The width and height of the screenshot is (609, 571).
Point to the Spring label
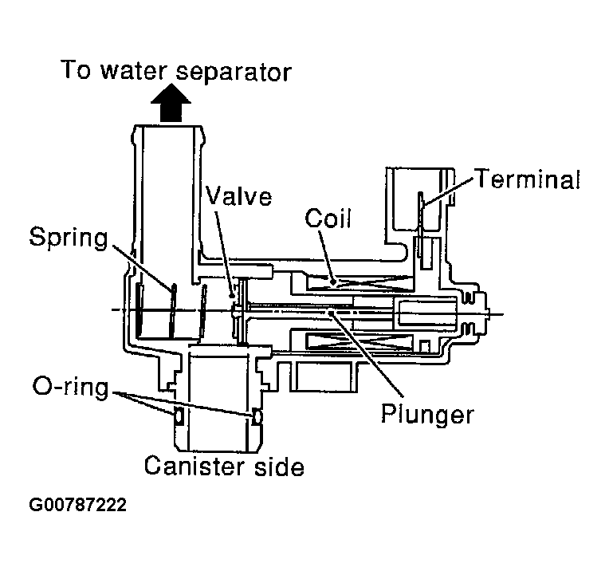point(68,236)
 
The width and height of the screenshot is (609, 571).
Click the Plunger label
point(426,415)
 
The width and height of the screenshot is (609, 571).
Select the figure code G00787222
point(77,506)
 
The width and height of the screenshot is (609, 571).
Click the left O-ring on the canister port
point(178,415)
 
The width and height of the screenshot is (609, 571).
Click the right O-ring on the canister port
point(257,415)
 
